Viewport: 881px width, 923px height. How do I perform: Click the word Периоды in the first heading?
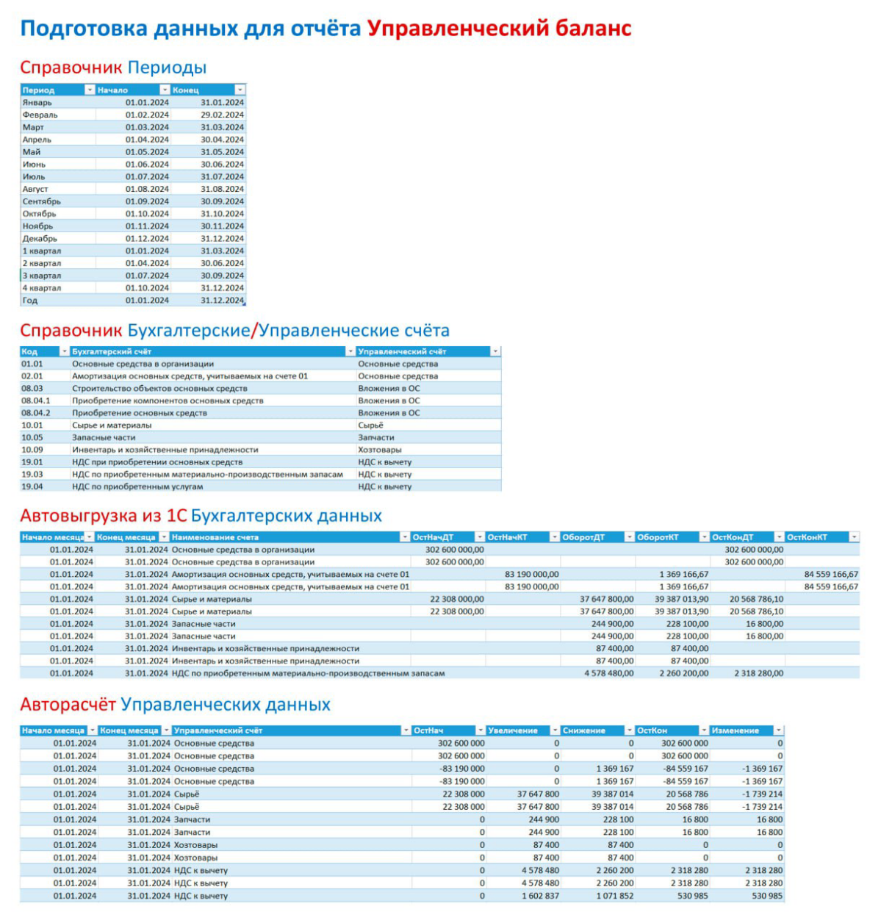pos(167,68)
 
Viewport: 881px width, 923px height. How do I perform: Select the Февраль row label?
pos(40,115)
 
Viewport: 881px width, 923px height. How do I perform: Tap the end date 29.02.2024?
pos(222,115)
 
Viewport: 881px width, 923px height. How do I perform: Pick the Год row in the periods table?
pos(30,301)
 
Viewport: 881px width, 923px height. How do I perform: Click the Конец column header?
pos(186,90)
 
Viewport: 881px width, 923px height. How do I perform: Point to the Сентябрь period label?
pos(42,201)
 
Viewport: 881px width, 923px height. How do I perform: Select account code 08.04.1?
pos(36,401)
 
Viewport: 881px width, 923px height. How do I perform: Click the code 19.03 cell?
pos(32,475)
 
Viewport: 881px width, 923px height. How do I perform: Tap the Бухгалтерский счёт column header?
pos(112,352)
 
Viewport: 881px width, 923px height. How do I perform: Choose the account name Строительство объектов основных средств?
pos(159,389)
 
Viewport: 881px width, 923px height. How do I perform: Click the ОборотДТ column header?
pos(583,537)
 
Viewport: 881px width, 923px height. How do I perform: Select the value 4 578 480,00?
pos(609,673)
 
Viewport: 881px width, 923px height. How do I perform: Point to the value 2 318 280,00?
pos(758,673)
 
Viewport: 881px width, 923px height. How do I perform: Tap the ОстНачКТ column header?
pos(508,537)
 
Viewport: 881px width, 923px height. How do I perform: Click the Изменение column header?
pos(735,730)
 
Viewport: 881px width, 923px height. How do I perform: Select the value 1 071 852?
pos(615,896)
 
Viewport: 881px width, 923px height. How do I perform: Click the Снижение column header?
pos(584,730)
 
